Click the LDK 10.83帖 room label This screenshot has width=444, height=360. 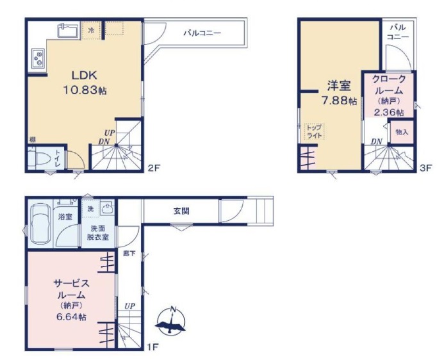85,83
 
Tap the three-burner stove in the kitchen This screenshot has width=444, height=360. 38,58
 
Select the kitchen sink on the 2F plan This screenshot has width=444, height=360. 68,31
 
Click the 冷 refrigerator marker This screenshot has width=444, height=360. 91,30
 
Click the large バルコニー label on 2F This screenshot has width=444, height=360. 202,33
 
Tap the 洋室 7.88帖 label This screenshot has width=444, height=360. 339,93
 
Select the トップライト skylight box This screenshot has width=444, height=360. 315,131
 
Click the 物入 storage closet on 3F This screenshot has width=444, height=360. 402,132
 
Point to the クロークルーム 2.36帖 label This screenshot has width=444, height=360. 389,95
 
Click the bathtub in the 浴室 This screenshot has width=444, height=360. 40,224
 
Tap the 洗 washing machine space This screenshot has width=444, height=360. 90,209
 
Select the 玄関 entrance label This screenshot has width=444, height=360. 181,211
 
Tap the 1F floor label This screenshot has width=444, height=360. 152,347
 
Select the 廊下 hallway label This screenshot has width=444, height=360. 129,254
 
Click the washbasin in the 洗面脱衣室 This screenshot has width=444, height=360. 108,209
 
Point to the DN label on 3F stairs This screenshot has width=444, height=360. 377,142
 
